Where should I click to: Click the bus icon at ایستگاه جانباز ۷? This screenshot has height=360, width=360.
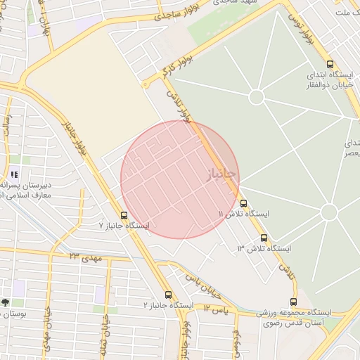pyautogui.click(x=124, y=215)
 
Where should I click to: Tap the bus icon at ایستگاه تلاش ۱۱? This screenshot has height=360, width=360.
pyautogui.click(x=243, y=203)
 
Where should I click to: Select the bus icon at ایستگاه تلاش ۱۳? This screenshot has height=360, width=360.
pyautogui.click(x=264, y=238)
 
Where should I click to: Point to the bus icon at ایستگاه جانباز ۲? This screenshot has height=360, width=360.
pyautogui.click(x=168, y=295)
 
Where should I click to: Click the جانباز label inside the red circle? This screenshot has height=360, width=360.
pyautogui.click(x=222, y=174)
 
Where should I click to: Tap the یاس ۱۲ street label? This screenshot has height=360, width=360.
pyautogui.click(x=217, y=309)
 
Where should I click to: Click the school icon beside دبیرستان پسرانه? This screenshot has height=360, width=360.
pyautogui.click(x=15, y=174)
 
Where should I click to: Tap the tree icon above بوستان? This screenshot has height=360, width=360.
pyautogui.click(x=6, y=302)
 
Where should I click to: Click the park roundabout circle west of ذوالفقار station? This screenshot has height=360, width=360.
pyautogui.click(x=257, y=96)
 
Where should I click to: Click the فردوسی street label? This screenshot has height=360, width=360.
pyautogui.click(x=238, y=340)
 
